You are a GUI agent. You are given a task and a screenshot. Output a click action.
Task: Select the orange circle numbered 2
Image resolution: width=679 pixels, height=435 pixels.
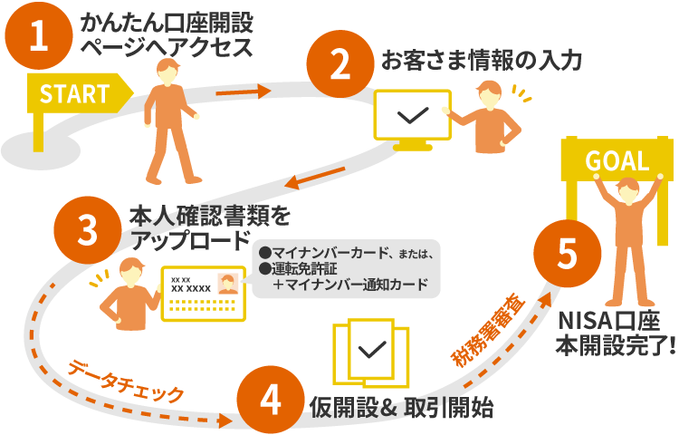340,64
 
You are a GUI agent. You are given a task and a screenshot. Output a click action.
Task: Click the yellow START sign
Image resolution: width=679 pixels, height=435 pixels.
76,92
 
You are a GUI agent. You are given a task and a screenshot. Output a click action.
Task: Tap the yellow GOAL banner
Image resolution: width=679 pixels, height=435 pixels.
617,162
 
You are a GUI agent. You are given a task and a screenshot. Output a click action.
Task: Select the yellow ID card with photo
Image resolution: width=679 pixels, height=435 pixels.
200,293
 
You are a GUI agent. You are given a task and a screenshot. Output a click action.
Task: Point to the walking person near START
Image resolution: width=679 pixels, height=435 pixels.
169,122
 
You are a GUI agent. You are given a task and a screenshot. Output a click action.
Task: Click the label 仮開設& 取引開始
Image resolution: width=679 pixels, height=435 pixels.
401,407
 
